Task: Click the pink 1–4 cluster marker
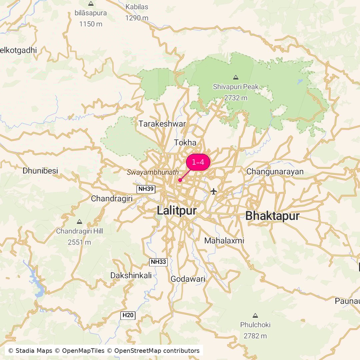click(x=198, y=162)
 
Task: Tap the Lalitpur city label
click(x=177, y=211)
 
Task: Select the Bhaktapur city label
click(x=272, y=216)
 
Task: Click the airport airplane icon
click(x=214, y=191)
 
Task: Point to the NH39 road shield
click(x=146, y=189)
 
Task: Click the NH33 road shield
click(x=158, y=262)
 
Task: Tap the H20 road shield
click(x=128, y=315)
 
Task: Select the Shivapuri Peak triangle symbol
click(x=236, y=77)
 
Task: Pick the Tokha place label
click(x=185, y=143)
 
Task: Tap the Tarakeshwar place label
click(x=162, y=124)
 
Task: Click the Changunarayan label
click(x=275, y=172)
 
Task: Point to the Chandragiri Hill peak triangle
click(x=79, y=222)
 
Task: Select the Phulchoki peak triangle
click(x=255, y=315)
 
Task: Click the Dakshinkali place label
click(x=131, y=275)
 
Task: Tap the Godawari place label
click(x=188, y=279)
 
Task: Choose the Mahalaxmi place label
click(x=224, y=240)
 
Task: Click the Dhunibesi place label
click(x=40, y=171)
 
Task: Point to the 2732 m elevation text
click(x=236, y=98)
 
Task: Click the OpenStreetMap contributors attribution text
click(x=157, y=351)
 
